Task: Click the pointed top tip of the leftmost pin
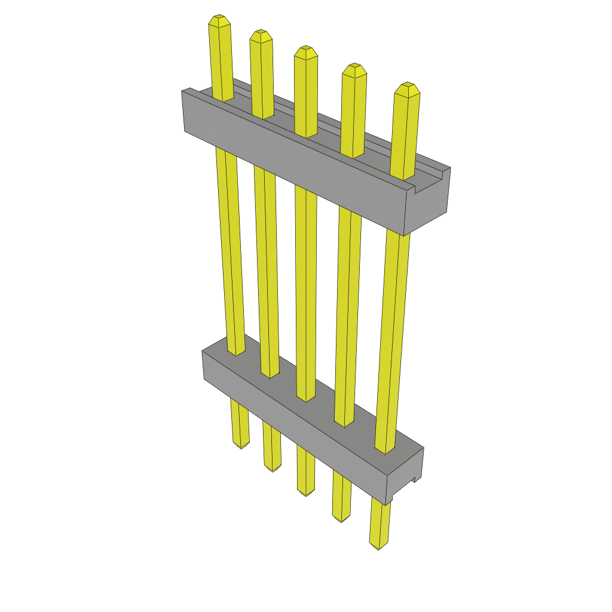[219, 20]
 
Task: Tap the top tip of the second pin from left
[261, 35]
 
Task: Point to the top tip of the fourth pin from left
[354, 68]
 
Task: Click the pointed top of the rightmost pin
[408, 88]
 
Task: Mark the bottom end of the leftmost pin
[241, 446]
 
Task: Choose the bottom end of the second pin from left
[273, 469]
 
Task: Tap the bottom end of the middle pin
[307, 493]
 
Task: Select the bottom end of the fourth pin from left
[342, 519]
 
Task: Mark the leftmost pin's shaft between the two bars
[229, 251]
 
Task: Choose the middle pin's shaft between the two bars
[306, 287]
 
